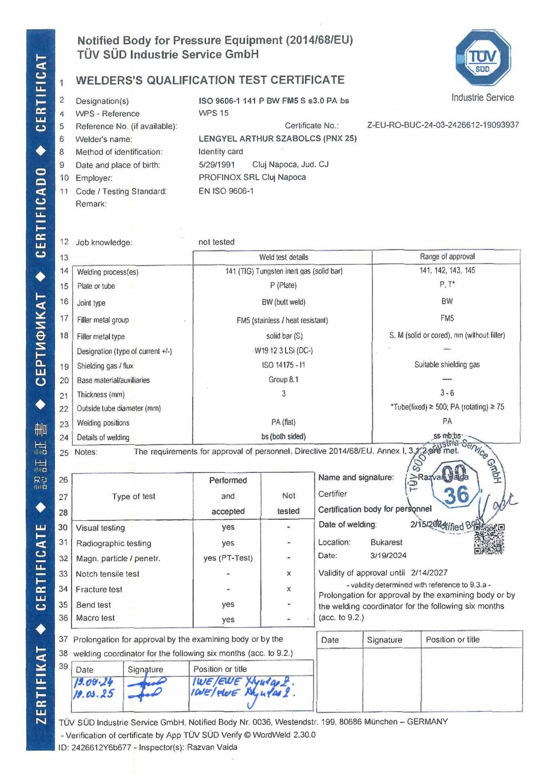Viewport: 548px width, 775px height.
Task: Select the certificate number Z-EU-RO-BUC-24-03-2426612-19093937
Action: click(443, 125)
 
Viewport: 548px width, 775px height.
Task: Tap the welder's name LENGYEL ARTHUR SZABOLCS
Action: click(259, 139)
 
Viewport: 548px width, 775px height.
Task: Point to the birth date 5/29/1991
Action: click(216, 165)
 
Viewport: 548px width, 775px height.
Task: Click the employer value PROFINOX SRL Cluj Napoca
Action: click(252, 177)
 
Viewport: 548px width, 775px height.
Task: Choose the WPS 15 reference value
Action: click(213, 113)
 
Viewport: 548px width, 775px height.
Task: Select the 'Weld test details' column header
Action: click(284, 257)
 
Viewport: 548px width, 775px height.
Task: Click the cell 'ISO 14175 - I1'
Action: click(284, 365)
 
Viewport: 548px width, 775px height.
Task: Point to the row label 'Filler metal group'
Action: click(103, 320)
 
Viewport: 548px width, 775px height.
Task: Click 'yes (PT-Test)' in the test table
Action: click(228, 558)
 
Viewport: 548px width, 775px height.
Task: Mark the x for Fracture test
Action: click(288, 589)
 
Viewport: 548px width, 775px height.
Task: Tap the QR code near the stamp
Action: click(489, 539)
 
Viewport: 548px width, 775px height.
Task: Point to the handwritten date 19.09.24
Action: click(94, 682)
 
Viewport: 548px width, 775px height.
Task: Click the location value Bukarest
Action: click(386, 542)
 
